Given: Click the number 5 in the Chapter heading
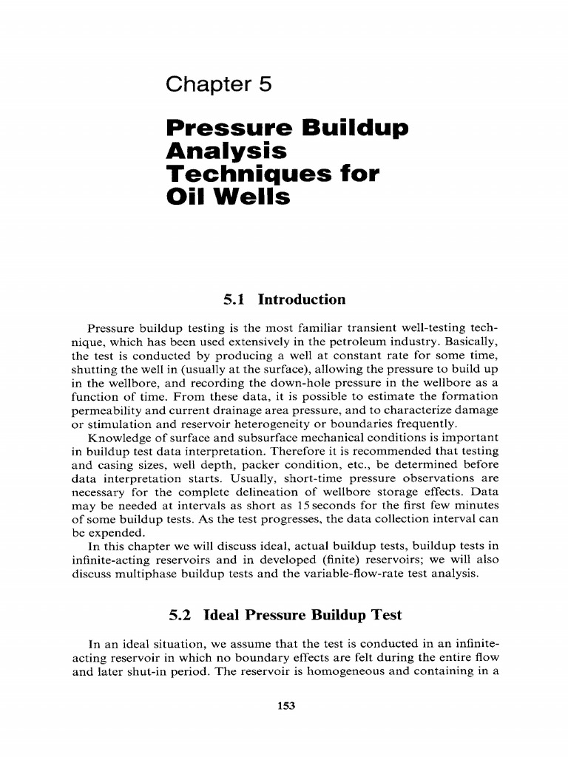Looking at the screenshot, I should (x=265, y=85).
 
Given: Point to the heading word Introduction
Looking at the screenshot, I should (x=301, y=300).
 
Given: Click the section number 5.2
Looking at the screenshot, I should (x=182, y=615).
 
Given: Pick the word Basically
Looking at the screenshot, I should (x=470, y=341).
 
